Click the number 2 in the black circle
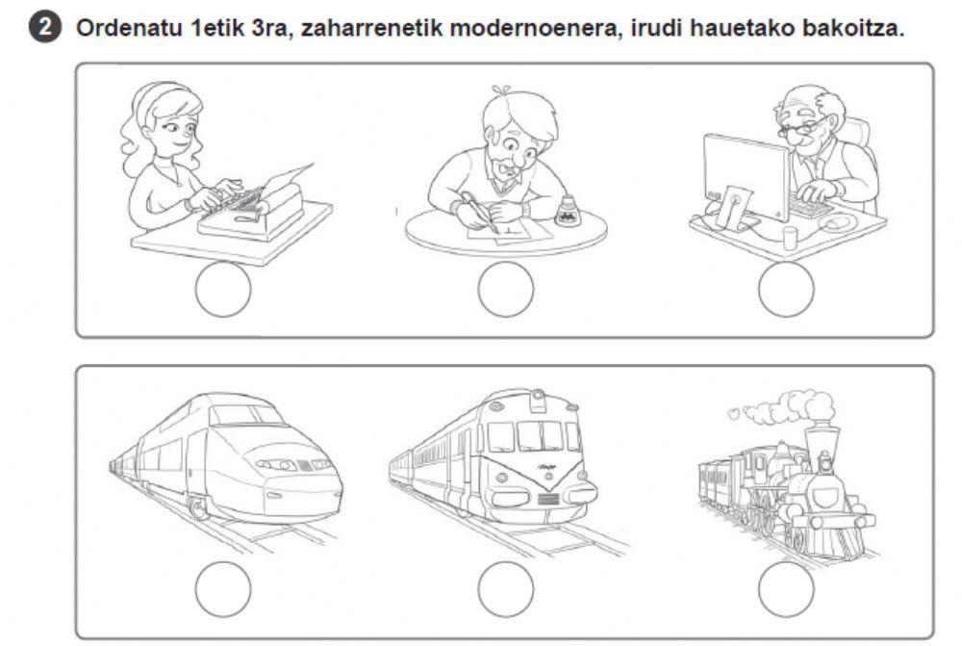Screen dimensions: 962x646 pos(45,28)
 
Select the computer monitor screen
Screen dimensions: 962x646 pos(746,176)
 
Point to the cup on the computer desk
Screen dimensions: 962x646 pos(790,238)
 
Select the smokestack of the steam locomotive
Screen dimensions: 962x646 pos(821,440)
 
